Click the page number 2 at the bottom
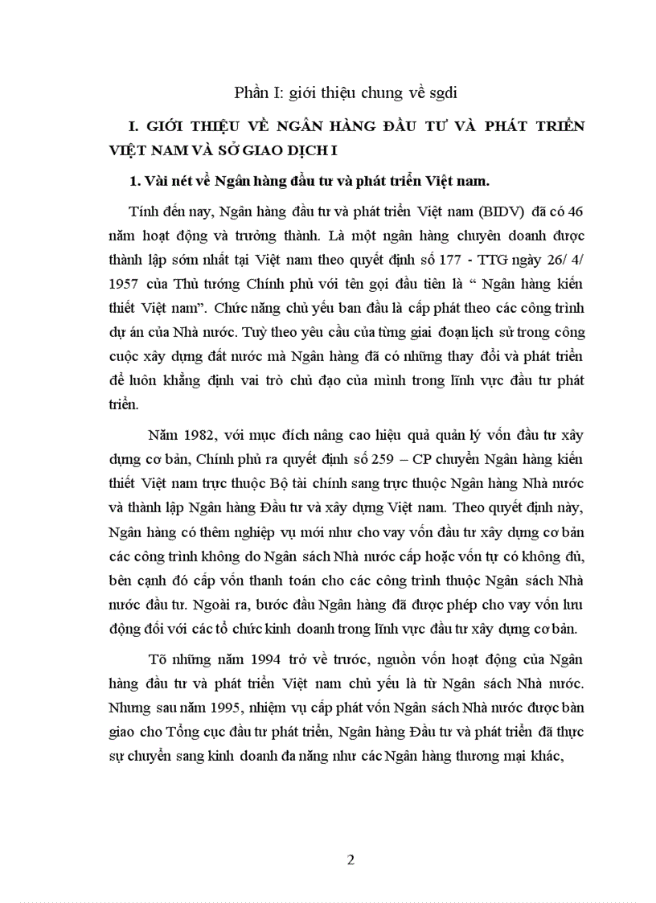coord(350,860)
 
